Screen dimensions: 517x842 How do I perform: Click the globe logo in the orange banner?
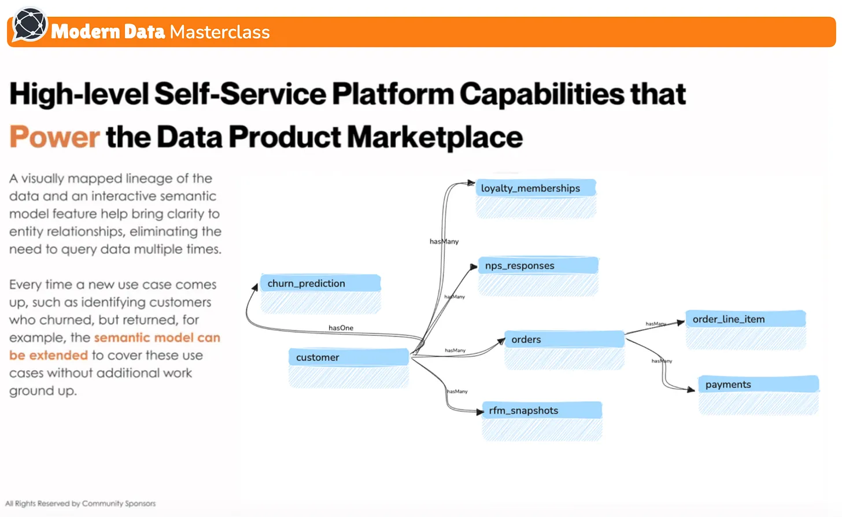tap(29, 25)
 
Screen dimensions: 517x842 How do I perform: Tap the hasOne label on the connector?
tap(341, 328)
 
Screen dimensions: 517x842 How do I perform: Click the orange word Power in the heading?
tap(54, 137)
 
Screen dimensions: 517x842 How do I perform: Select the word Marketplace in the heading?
tap(434, 137)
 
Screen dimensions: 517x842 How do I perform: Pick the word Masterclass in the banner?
tap(220, 32)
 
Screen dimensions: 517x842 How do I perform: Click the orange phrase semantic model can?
tap(157, 338)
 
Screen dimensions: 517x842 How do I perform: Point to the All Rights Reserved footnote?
tap(80, 504)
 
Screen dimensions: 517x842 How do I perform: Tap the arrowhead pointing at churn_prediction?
tap(254, 287)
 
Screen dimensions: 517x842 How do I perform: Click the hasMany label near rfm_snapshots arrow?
tap(457, 392)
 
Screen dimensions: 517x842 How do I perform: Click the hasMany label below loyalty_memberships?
tap(444, 242)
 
